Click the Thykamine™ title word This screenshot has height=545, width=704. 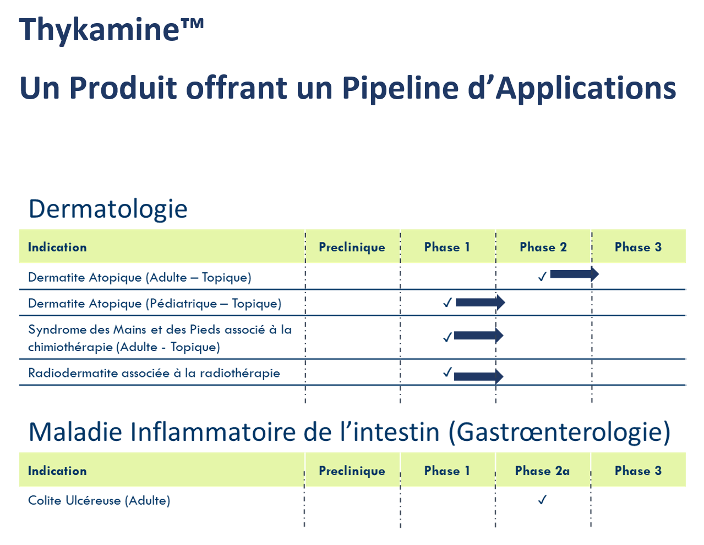click(x=111, y=30)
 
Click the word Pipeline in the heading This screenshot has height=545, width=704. click(x=400, y=89)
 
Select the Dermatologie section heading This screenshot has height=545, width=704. click(x=108, y=209)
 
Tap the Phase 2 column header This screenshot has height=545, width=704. click(x=543, y=247)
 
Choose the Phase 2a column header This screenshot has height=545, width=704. click(x=542, y=471)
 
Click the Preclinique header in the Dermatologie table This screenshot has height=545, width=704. click(x=352, y=247)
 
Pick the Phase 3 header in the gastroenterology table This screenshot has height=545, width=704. click(x=638, y=471)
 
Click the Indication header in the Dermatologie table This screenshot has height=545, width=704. click(x=57, y=247)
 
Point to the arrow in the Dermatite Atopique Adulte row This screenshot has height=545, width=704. click(x=575, y=274)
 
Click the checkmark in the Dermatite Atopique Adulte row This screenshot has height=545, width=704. click(x=542, y=277)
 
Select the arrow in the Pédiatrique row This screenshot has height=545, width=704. click(x=480, y=303)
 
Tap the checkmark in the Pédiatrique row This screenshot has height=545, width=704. click(x=447, y=303)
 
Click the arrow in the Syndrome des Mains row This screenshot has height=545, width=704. click(x=478, y=336)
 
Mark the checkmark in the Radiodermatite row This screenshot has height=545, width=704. click(x=447, y=372)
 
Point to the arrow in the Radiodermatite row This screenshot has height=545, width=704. click(x=478, y=376)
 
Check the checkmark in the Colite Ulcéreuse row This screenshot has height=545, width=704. click(x=542, y=500)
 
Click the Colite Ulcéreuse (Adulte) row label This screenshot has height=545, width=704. click(x=99, y=500)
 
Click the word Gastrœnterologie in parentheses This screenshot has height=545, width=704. click(x=559, y=432)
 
